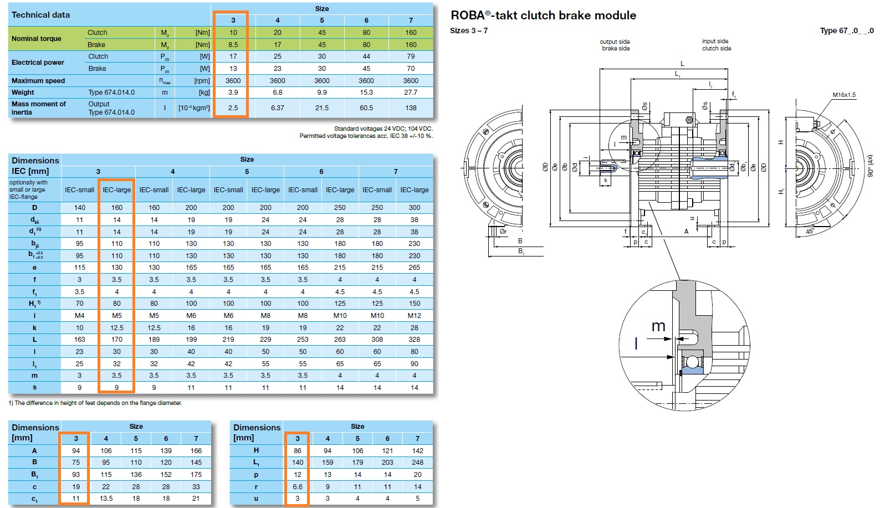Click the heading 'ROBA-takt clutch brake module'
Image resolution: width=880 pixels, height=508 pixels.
tap(543, 16)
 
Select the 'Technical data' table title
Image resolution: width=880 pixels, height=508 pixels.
tap(41, 15)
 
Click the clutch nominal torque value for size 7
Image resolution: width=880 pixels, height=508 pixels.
tap(411, 33)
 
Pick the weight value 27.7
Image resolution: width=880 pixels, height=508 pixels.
tap(411, 93)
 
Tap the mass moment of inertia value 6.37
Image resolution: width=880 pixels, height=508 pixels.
tap(278, 108)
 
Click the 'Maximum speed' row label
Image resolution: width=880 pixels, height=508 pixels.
tap(38, 81)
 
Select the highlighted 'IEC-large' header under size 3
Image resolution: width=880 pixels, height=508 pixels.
tap(116, 190)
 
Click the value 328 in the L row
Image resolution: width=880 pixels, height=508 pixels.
tap(415, 340)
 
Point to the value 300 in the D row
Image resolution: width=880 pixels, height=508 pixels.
tap(415, 208)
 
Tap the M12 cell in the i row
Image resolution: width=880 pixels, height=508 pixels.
tap(415, 316)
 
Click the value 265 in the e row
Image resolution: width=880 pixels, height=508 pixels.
tap(415, 268)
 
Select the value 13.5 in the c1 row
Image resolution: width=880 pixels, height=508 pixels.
tap(106, 499)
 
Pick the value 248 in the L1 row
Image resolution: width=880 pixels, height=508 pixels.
tap(418, 463)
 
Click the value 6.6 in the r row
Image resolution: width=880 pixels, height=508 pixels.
tap(298, 487)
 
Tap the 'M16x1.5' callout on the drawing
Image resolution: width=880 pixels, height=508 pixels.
tap(844, 95)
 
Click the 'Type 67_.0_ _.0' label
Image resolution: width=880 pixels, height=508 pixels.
tap(847, 30)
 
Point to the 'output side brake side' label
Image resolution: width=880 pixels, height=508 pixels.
tap(615, 45)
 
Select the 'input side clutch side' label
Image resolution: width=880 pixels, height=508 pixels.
tap(716, 45)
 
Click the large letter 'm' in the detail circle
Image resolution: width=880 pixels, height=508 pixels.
tap(658, 326)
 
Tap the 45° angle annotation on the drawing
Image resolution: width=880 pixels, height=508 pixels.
tap(810, 232)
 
